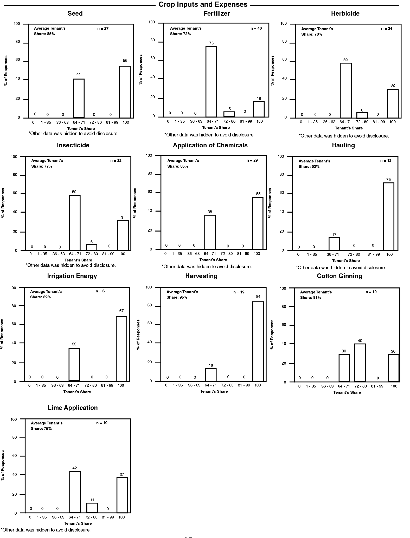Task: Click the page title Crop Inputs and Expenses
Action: [203, 4]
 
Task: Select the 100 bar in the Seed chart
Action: [125, 92]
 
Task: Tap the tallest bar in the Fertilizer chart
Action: [211, 82]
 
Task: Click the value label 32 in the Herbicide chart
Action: [393, 85]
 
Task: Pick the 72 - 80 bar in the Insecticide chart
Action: [92, 247]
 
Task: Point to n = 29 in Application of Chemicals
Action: [252, 160]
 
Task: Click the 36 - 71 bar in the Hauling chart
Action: [334, 244]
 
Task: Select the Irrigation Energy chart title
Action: [72, 276]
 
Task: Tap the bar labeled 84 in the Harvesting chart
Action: [258, 341]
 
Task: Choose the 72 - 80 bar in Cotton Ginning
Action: [360, 363]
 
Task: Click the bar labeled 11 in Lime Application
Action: [92, 508]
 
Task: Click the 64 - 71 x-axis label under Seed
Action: [79, 122]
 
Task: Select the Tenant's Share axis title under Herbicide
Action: [349, 128]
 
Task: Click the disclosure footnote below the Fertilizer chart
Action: [209, 135]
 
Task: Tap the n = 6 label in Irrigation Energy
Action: [100, 291]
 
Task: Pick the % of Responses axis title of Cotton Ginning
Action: [272, 334]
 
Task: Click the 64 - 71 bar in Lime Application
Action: [75, 492]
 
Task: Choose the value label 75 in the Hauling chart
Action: [388, 180]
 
